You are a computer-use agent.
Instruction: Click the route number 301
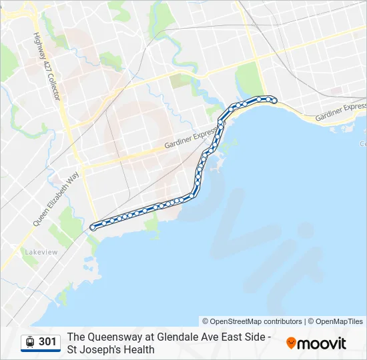[47, 342]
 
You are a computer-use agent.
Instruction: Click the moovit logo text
[322, 343]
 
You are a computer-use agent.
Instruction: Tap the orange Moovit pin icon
[291, 343]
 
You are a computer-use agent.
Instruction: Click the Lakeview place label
[41, 253]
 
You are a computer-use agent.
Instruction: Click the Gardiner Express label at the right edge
[340, 112]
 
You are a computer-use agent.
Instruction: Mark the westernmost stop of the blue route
[93, 227]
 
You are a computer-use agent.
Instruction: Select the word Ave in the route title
[209, 337]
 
